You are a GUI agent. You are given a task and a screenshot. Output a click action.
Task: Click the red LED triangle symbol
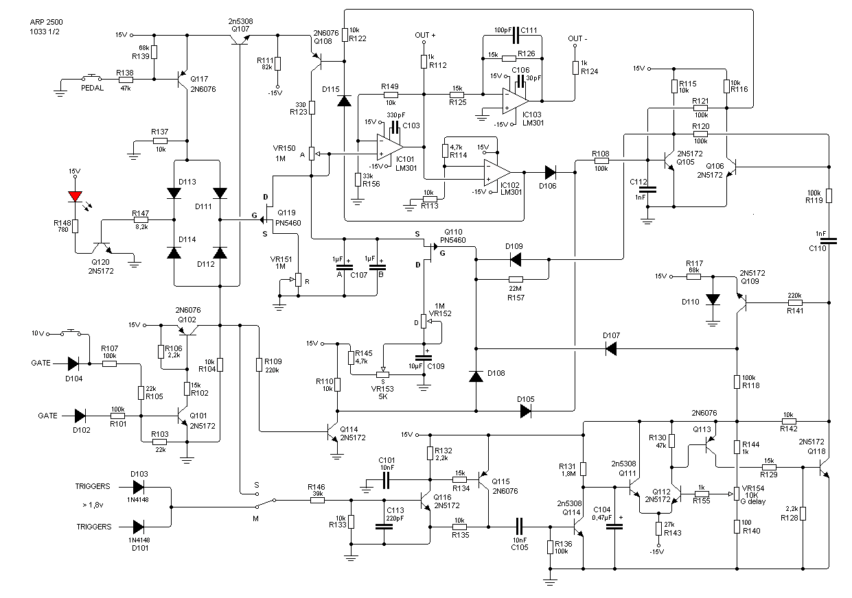coord(75,196)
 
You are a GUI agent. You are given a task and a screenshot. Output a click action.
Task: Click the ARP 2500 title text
coord(47,22)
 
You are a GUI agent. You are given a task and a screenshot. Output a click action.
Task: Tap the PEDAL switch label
coord(93,88)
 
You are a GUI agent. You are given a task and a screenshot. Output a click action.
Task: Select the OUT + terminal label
coord(425,36)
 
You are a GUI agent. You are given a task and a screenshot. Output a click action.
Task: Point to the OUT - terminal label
coord(577,39)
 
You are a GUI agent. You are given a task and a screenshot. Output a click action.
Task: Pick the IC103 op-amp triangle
coord(516,101)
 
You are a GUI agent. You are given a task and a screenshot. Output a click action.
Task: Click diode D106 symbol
coord(550,173)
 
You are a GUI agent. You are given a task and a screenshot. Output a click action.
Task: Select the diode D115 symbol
coord(344,101)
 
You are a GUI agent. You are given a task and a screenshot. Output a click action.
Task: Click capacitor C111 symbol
coord(516,36)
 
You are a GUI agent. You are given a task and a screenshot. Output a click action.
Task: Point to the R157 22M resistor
coord(516,279)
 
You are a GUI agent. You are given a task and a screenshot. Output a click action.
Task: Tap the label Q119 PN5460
coord(288,217)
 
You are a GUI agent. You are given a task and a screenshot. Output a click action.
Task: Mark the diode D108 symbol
coord(476,376)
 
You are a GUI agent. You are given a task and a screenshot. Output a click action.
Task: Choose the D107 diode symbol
coord(610,348)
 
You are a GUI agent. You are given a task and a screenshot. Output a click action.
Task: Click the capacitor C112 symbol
coord(647,189)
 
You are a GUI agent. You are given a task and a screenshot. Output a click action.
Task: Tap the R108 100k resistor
coord(601,160)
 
